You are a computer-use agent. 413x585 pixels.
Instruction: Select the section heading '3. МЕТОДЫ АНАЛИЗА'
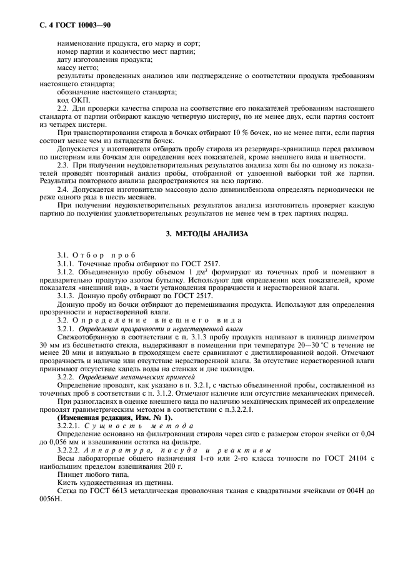coord(206,234)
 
